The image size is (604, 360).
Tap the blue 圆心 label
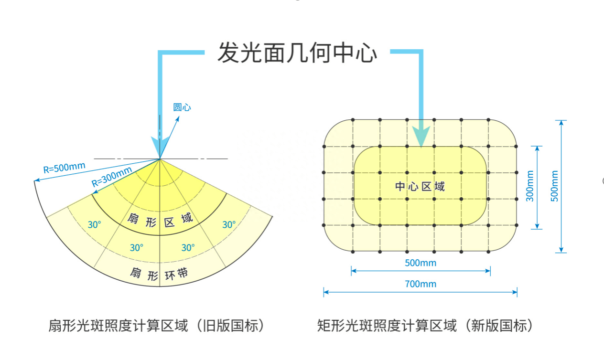pyautogui.click(x=182, y=107)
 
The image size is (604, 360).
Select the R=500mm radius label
pyautogui.click(x=64, y=167)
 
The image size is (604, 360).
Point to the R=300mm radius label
pyautogui.click(x=112, y=177)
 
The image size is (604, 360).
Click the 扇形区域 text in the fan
pyautogui.click(x=160, y=220)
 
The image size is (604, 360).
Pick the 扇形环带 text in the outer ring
pyautogui.click(x=159, y=274)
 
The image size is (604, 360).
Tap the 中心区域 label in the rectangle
pyautogui.click(x=420, y=186)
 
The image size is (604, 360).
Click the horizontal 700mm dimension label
pyautogui.click(x=421, y=284)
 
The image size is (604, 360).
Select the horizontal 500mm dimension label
pyautogui.click(x=421, y=263)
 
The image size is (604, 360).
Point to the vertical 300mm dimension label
pyautogui.click(x=530, y=186)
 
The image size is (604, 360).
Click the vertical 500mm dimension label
pyautogui.click(x=554, y=186)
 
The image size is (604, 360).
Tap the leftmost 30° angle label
pyautogui.click(x=95, y=224)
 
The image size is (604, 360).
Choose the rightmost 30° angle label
pyautogui.click(x=229, y=224)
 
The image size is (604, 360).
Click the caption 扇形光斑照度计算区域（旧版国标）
pyautogui.click(x=157, y=326)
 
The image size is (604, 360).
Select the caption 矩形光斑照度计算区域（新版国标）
pyautogui.click(x=425, y=326)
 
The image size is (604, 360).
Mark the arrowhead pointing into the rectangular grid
pyautogui.click(x=421, y=137)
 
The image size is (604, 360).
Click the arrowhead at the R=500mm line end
pyautogui.click(x=37, y=180)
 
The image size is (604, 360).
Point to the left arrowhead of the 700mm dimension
pyautogui.click(x=326, y=292)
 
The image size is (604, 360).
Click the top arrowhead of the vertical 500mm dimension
pyautogui.click(x=561, y=123)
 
